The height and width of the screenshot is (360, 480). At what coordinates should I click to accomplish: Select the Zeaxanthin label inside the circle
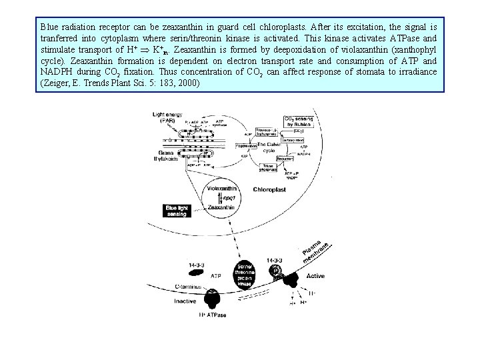tap(222, 208)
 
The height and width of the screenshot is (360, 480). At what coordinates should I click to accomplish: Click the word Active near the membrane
tap(315, 275)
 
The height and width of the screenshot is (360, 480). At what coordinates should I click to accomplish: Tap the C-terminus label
tap(191, 286)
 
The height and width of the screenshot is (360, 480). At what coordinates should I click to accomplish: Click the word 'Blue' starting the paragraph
tap(49, 27)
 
